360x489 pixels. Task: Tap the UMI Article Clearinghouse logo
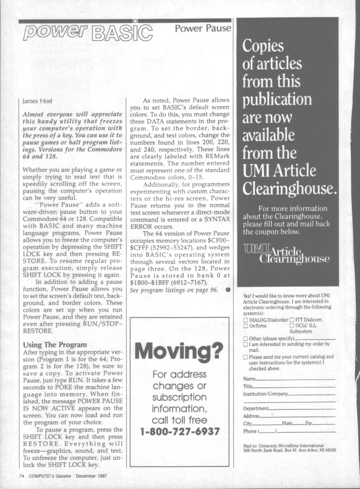tap(286, 255)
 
